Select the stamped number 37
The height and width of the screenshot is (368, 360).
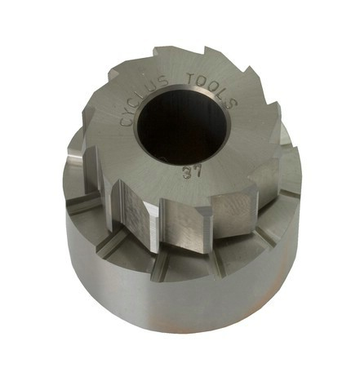coord(192,172)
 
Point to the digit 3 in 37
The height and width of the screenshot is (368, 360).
coord(188,173)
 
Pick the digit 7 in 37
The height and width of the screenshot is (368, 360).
coord(198,171)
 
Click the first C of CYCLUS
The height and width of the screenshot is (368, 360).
coord(126,121)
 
